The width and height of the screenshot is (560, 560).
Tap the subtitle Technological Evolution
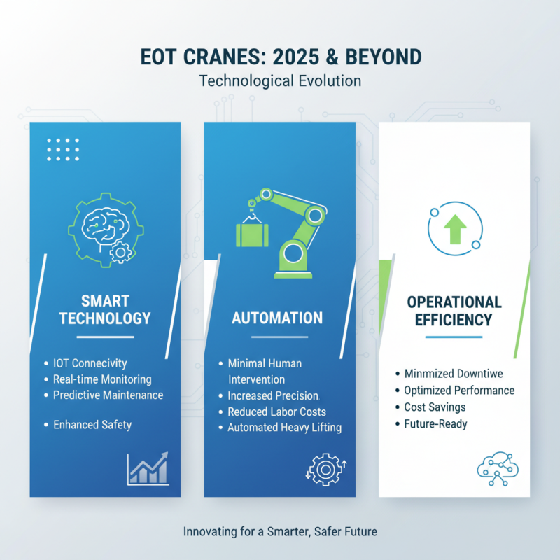click(x=280, y=80)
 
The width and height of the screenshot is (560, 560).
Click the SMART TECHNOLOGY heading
click(x=105, y=309)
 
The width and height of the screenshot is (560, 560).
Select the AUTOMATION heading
click(x=277, y=318)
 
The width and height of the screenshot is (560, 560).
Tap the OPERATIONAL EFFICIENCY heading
click(x=454, y=311)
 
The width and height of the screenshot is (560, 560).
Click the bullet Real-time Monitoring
click(x=102, y=379)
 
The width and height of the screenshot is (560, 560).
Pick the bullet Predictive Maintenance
click(x=108, y=395)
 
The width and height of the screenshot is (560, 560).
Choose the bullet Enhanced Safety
click(x=92, y=424)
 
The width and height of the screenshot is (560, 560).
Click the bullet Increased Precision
click(x=273, y=395)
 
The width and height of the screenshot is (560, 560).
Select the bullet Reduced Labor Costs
click(x=277, y=412)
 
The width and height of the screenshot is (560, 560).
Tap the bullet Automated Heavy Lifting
click(x=285, y=427)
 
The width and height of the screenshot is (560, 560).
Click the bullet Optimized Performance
click(x=459, y=391)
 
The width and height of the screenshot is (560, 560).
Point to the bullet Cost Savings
click(x=435, y=407)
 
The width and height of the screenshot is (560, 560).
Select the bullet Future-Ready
click(x=436, y=423)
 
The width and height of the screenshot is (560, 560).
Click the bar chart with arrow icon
click(x=148, y=468)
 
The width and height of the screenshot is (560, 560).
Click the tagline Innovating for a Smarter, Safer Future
click(x=280, y=532)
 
